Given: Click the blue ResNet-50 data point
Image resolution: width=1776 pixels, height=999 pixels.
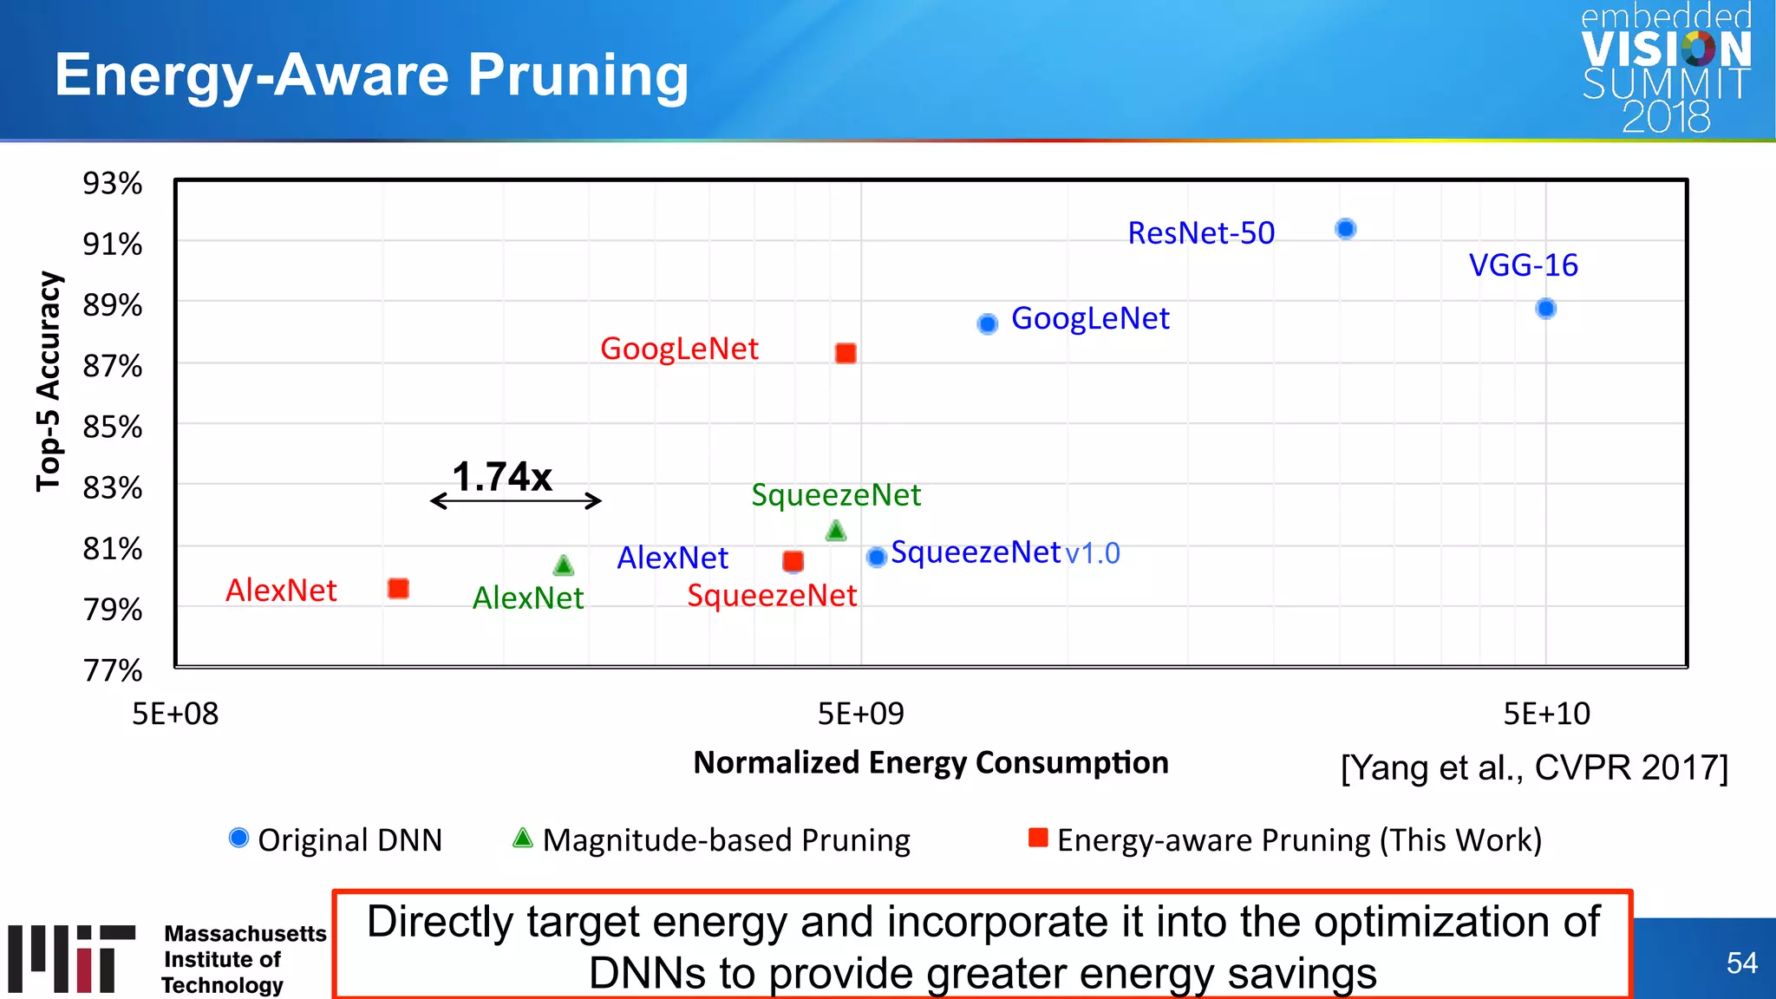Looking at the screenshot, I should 1345,229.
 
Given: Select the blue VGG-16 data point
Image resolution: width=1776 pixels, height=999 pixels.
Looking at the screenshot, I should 1545,309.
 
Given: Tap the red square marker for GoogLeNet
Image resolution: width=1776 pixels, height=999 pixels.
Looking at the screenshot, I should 846,353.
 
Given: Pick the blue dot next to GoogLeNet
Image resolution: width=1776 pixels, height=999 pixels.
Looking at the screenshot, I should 987,323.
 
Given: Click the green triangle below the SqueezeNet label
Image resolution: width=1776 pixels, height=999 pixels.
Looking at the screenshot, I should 836,531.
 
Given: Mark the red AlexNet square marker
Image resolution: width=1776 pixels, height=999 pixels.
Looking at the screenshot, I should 398,589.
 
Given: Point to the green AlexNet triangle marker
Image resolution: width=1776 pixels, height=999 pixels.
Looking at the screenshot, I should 564,566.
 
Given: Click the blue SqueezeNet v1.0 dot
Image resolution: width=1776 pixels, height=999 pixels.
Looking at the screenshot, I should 877,557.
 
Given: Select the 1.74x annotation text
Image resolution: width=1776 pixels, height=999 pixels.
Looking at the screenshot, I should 501,476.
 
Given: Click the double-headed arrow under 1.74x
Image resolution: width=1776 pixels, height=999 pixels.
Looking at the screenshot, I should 516,501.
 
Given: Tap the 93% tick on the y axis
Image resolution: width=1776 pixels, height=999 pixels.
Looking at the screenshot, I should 112,184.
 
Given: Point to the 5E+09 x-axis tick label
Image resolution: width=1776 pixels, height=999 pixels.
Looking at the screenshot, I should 860,714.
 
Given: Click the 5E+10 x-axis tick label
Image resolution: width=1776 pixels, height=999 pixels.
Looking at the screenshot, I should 1546,714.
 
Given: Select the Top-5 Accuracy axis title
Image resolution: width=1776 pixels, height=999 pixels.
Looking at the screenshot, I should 49,382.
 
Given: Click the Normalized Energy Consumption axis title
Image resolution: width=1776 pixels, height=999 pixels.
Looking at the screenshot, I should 930,762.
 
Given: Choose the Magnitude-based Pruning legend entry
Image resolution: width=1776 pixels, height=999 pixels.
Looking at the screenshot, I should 711,839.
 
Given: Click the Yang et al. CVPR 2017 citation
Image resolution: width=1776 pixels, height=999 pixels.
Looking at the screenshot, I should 1534,767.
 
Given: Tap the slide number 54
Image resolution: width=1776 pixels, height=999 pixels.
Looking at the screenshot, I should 1741,963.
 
